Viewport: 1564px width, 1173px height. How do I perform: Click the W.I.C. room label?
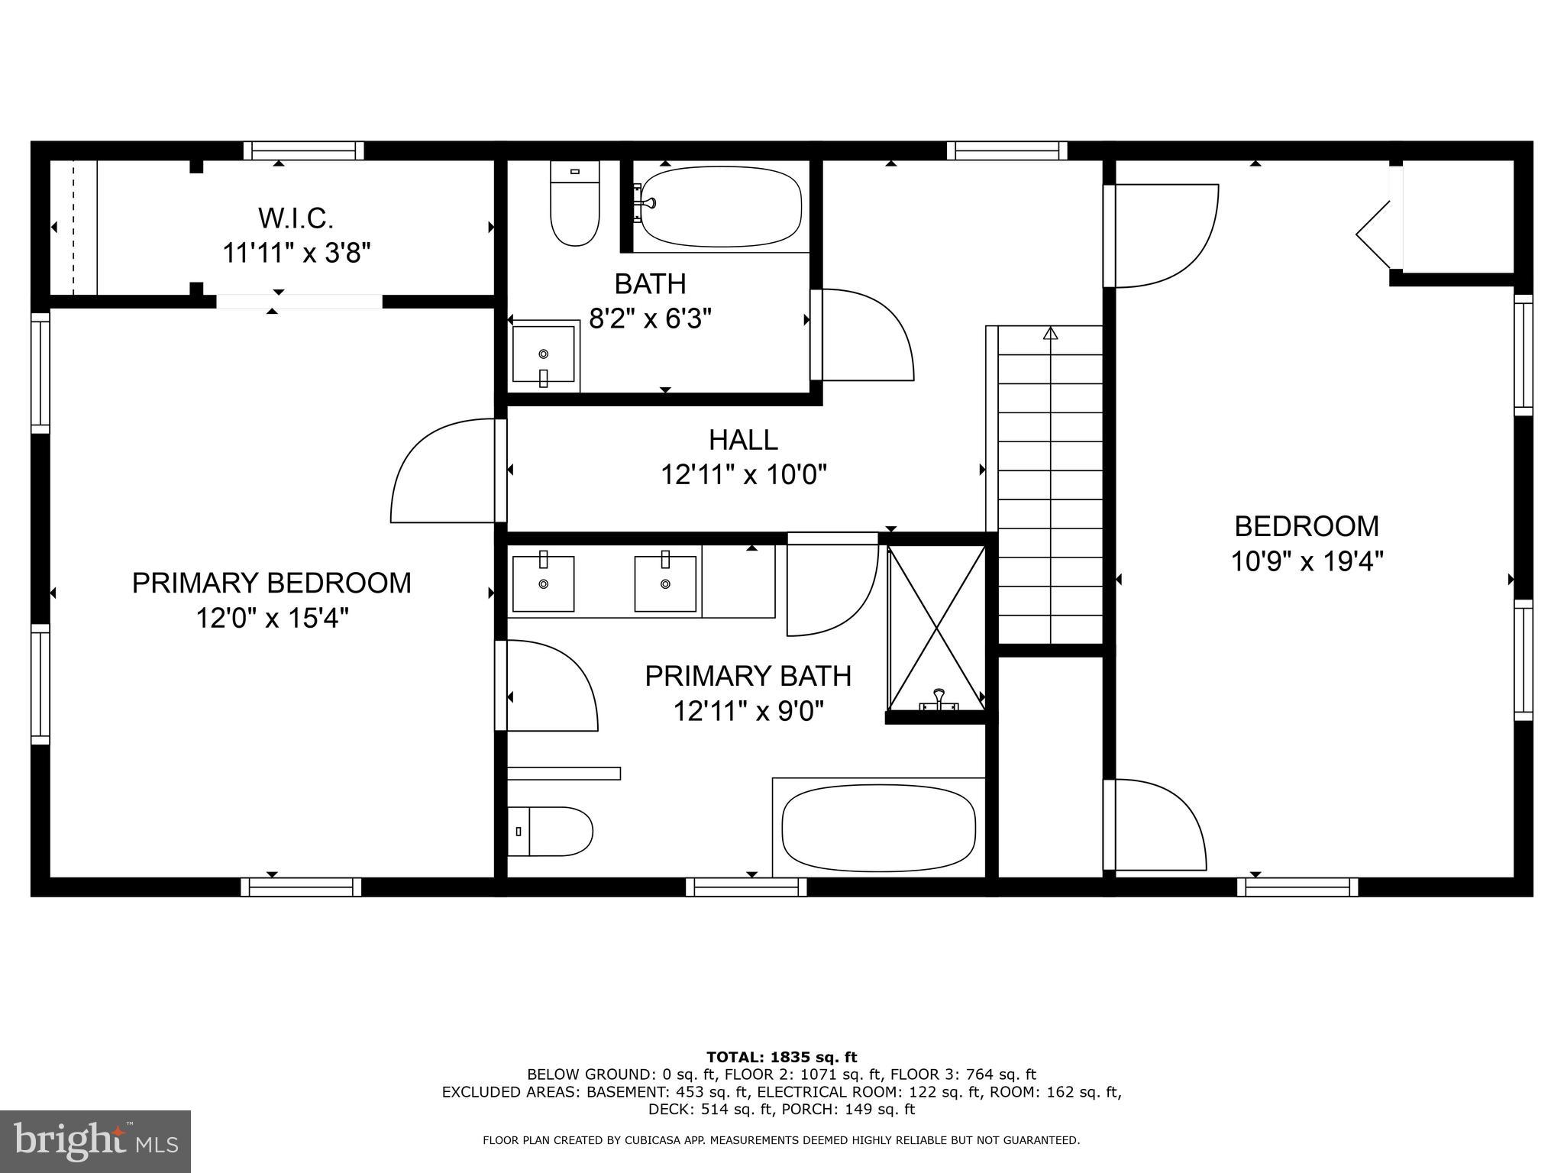pos(296,219)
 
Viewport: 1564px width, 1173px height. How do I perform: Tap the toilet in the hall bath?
pos(574,205)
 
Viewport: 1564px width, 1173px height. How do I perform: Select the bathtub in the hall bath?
pos(720,207)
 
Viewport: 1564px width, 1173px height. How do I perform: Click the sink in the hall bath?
pos(543,354)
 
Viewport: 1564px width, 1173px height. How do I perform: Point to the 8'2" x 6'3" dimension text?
pos(650,318)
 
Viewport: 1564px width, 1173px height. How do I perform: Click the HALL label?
pos(743,440)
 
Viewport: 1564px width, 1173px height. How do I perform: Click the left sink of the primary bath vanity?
pos(543,584)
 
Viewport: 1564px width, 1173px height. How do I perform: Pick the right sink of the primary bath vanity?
pos(665,584)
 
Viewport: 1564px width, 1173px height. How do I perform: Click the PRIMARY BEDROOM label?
pos(272,583)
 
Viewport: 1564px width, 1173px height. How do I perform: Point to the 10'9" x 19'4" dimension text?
pos(1307,563)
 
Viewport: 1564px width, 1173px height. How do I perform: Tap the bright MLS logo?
pos(95,1141)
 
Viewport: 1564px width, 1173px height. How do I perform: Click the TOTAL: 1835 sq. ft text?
pos(781,1058)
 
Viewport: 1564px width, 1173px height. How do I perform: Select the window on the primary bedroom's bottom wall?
pos(301,887)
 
